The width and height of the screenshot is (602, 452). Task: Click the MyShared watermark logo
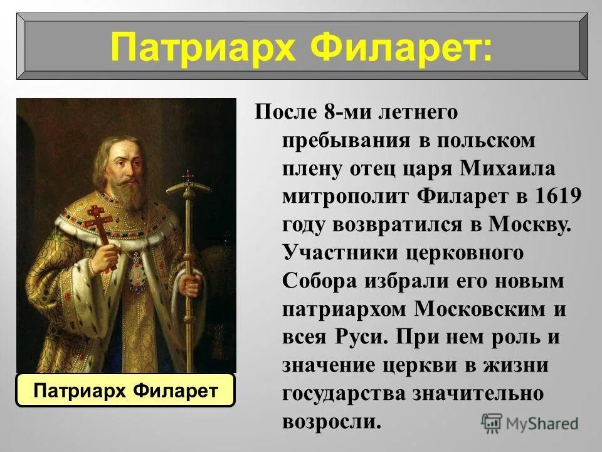531,423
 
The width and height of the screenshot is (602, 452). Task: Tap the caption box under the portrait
125,390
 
